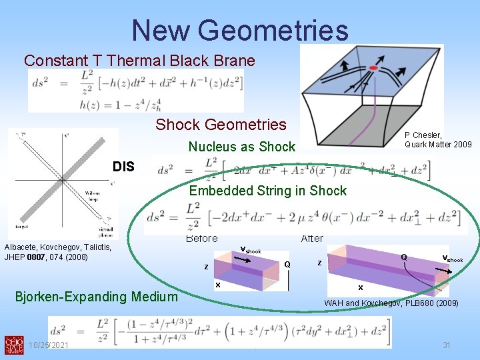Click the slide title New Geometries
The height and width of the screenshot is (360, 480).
point(240,31)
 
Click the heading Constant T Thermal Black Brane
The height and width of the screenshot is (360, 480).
point(139,61)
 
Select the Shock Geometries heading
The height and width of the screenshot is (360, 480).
point(221,125)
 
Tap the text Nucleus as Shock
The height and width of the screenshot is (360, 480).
point(241,147)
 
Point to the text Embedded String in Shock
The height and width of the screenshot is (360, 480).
point(268,191)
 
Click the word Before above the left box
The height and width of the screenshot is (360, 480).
point(201,239)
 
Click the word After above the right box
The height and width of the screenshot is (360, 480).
point(312,239)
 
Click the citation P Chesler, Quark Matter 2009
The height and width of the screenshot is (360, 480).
point(438,140)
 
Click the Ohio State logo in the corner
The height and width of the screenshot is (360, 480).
point(12,344)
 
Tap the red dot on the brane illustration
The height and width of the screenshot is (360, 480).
point(374,68)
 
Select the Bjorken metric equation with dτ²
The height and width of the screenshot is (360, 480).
point(219,331)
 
